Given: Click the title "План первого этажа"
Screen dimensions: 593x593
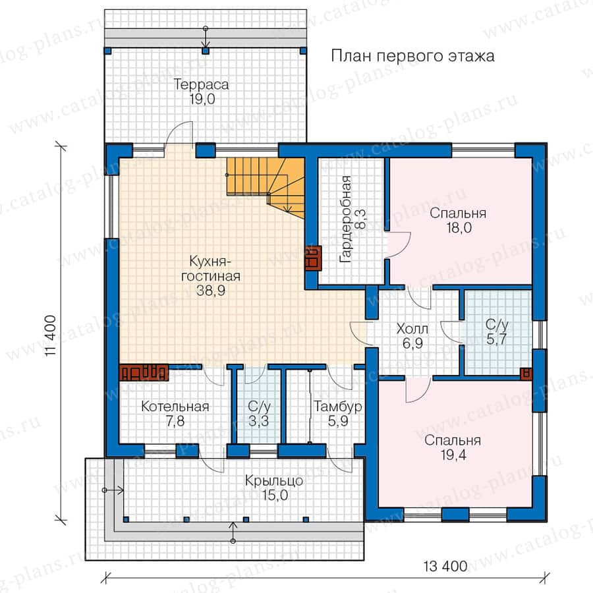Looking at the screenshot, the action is click(412, 56).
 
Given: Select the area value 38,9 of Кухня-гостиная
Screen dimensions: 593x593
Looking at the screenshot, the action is click(211, 291).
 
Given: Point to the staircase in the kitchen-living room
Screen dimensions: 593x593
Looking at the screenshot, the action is click(266, 186).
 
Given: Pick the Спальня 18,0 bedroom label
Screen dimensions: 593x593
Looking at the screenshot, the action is click(458, 220).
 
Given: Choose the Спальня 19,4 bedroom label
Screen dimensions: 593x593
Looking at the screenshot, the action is click(453, 447).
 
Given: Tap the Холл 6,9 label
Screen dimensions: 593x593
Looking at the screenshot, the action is click(412, 336).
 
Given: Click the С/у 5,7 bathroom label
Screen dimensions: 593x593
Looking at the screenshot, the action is click(497, 331).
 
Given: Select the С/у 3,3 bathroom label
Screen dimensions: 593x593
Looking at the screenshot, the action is click(259, 413).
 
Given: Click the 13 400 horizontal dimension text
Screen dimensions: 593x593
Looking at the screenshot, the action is click(445, 567).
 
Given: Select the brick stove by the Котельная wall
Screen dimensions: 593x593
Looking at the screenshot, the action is click(144, 372).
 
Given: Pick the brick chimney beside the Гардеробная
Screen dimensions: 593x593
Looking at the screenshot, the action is click(313, 258).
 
